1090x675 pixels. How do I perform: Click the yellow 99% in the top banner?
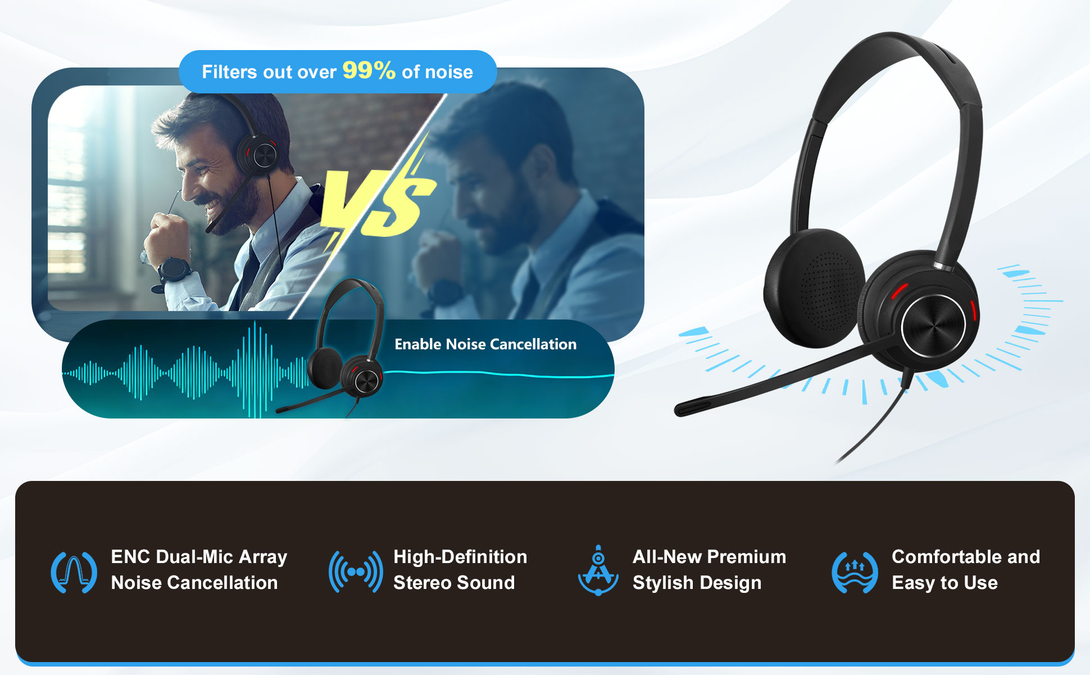369,70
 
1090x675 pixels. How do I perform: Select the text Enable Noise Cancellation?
485,344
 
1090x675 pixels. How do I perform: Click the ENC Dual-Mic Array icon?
74,572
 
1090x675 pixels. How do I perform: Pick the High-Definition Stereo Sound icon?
356,572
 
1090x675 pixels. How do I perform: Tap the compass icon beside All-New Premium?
598,570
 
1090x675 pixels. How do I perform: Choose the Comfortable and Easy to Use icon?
855,573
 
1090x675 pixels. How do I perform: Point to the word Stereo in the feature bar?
423,583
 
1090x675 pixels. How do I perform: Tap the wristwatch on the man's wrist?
174,269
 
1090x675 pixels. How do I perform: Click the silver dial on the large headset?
933,326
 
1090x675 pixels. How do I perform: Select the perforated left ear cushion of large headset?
813,287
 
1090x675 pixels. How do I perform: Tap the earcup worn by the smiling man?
259,154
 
